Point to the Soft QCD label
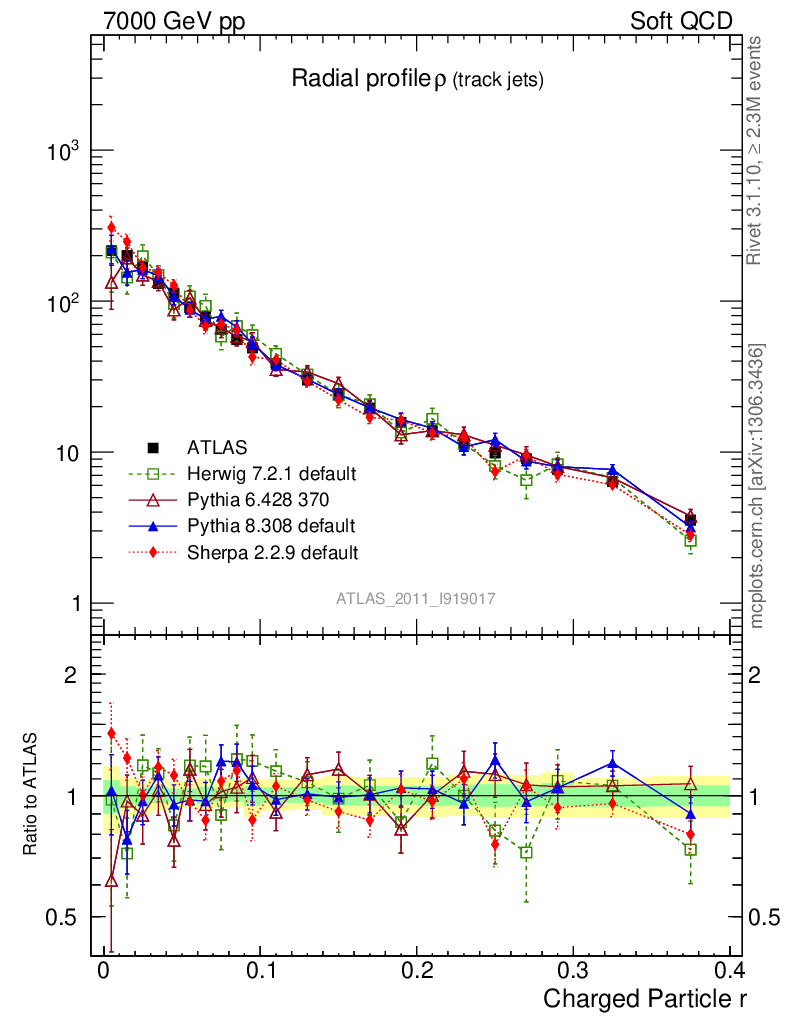click(x=681, y=21)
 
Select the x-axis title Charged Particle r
click(x=645, y=998)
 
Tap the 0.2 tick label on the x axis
click(x=416, y=971)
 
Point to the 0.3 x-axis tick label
click(x=573, y=971)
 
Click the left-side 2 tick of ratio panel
click(x=71, y=675)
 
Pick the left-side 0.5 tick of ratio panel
click(x=62, y=917)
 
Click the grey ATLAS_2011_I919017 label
click(x=416, y=598)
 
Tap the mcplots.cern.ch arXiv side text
click(x=758, y=486)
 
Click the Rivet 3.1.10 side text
click(x=758, y=150)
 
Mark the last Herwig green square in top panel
click(x=690, y=540)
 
